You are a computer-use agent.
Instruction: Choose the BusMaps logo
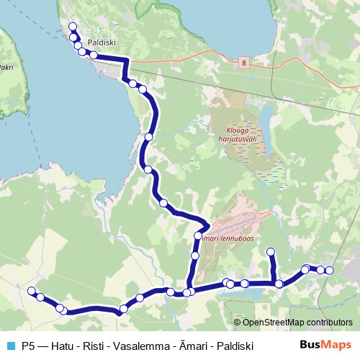pyautogui.click(x=325, y=345)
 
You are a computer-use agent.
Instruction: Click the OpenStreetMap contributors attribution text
pyautogui.click(x=297, y=323)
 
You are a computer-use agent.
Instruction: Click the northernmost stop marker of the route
pyautogui.click(x=72, y=27)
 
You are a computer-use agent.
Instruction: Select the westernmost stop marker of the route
pyautogui.click(x=31, y=291)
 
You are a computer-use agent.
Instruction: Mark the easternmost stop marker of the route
pyautogui.click(x=330, y=270)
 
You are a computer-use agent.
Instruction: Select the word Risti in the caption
pyautogui.click(x=95, y=346)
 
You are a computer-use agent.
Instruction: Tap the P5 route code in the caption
pyautogui.click(x=29, y=346)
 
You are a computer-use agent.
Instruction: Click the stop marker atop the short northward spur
pyautogui.click(x=271, y=251)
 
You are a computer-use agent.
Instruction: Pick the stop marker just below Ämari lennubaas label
pyautogui.click(x=195, y=256)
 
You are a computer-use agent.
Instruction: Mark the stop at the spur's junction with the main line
pyautogui.click(x=279, y=284)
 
